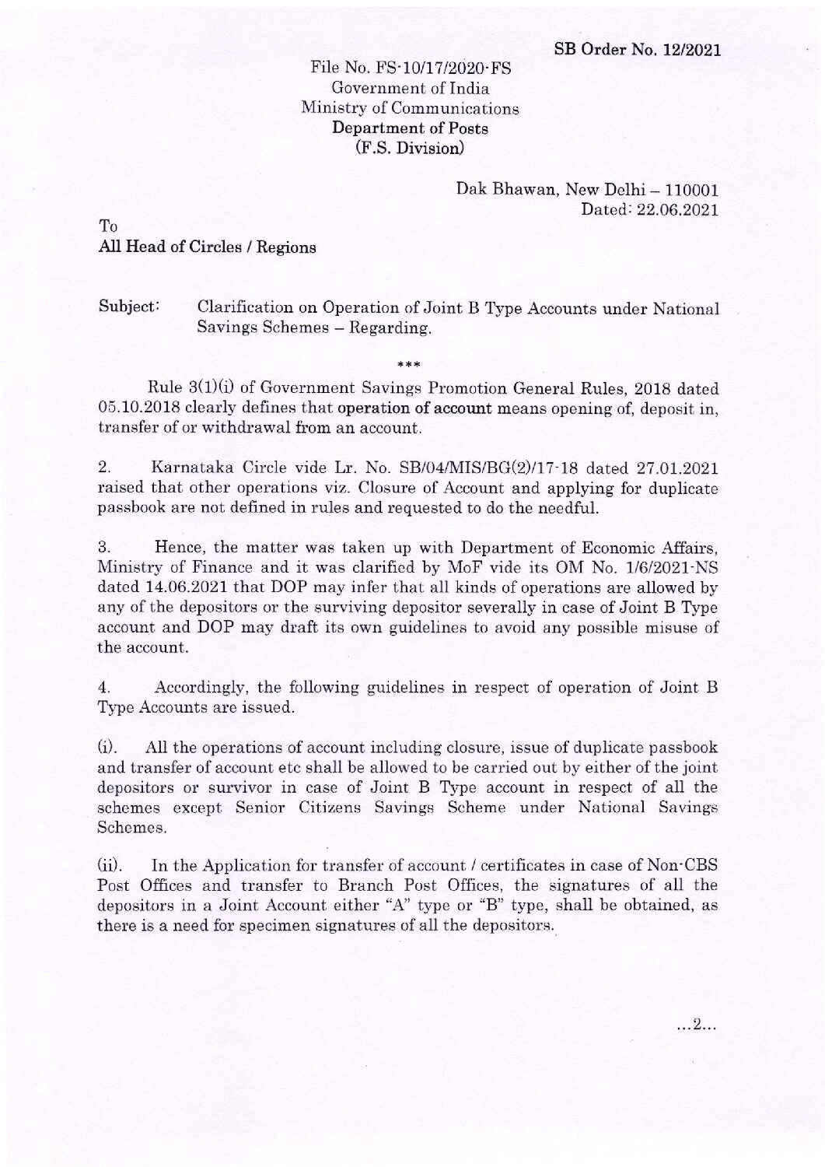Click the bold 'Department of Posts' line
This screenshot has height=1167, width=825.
point(410,128)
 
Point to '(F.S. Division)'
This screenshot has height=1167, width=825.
point(410,147)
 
